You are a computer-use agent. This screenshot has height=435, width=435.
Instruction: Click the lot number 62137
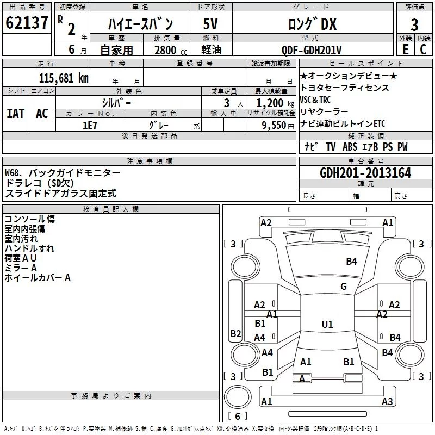coord(27,22)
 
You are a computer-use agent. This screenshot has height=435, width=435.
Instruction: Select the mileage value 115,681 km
coord(64,78)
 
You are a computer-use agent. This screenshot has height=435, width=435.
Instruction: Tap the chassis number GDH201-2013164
coord(365,173)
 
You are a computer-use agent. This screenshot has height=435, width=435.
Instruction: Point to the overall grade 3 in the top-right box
coord(414,25)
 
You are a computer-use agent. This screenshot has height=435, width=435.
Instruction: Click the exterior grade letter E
coord(405,49)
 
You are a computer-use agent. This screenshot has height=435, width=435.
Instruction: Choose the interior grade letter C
coord(423,49)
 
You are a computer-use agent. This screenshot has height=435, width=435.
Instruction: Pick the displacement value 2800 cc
coord(171,50)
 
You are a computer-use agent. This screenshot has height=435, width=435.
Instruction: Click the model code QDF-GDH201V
coord(311,50)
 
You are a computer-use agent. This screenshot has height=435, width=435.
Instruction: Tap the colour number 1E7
coord(90,126)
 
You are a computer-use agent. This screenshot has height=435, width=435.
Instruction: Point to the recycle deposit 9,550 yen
coord(278,126)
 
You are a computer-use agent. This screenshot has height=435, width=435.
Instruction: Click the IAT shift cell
coord(16,114)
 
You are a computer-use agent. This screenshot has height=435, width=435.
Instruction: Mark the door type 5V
coord(210,24)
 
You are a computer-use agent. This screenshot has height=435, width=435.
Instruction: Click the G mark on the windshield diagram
coord(344,287)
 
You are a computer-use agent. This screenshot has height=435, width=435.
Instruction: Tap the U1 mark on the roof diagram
coord(327,324)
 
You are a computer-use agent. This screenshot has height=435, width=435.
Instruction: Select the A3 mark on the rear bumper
coord(387,401)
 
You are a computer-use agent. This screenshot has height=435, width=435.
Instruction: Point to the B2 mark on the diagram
coord(235,333)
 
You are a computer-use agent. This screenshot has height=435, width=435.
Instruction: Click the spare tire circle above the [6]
coord(238,396)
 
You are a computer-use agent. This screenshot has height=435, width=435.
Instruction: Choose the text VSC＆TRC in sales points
coord(315,100)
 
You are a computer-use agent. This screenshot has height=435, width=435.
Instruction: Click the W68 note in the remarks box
coord(13,173)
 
